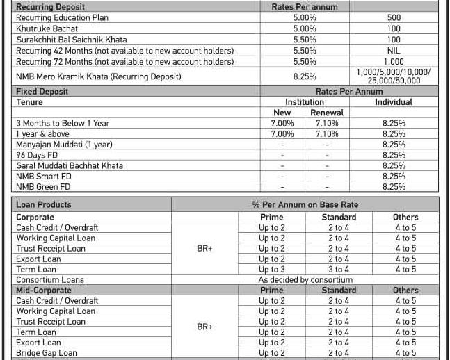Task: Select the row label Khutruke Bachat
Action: pos(47,28)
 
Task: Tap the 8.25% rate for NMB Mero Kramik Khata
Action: pos(305,76)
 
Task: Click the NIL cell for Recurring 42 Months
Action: pos(394,51)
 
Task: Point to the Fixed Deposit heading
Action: pos(40,91)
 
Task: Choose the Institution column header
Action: pos(305,101)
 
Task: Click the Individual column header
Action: pos(394,101)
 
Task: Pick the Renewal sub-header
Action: pos(327,113)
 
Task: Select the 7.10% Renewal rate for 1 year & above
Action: pos(327,133)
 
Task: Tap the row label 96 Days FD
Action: pos(35,155)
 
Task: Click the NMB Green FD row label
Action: pos(43,187)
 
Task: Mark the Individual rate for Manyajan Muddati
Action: pos(394,145)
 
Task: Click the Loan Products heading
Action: pos(44,204)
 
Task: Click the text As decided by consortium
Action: pos(305,280)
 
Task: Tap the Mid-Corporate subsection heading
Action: pos(44,290)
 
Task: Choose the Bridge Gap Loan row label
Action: pos(47,353)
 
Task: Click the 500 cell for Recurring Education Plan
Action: pos(394,18)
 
